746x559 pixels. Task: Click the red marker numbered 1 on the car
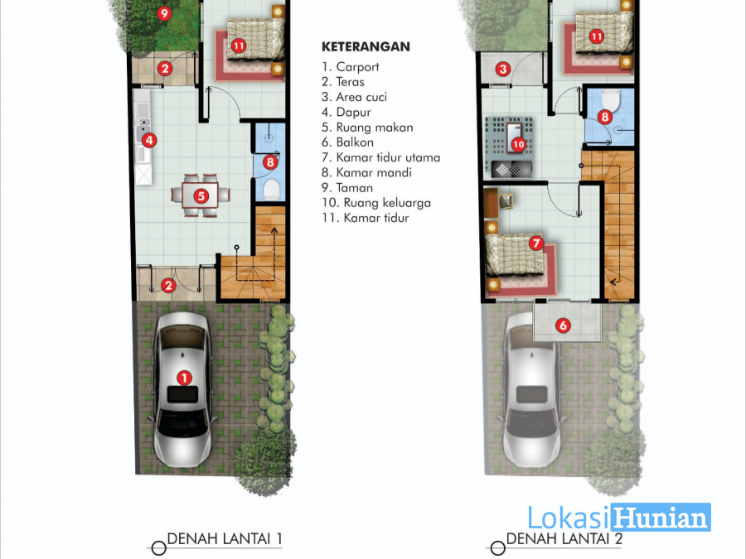(x=184, y=378)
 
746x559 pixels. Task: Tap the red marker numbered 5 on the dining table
(x=201, y=195)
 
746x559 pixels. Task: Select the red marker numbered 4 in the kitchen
(x=149, y=140)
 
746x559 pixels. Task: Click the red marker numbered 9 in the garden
(x=164, y=13)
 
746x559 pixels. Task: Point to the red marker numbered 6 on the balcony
(x=564, y=325)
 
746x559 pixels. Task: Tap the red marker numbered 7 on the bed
(x=536, y=243)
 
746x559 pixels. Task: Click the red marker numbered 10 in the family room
(x=518, y=144)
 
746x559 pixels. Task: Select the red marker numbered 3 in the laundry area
(x=503, y=70)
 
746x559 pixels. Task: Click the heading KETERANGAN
(x=366, y=46)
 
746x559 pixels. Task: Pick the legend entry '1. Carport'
(x=350, y=67)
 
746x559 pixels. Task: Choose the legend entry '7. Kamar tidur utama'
(x=380, y=157)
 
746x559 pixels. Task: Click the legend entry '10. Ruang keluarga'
(x=375, y=203)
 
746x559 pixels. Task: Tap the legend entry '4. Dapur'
(x=346, y=112)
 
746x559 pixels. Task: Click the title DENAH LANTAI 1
(x=225, y=539)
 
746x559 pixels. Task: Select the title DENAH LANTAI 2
(x=564, y=539)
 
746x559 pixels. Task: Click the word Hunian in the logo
(x=661, y=517)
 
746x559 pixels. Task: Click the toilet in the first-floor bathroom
(x=271, y=189)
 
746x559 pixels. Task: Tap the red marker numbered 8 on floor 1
(x=269, y=162)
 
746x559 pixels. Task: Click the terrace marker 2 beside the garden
(x=165, y=69)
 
